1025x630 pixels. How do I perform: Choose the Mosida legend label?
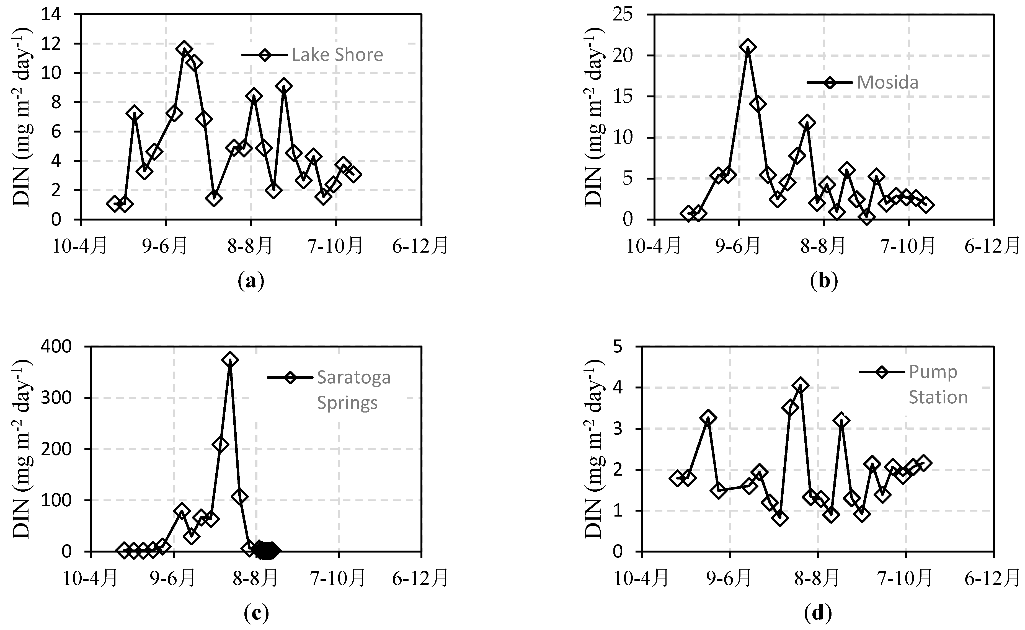pyautogui.click(x=887, y=82)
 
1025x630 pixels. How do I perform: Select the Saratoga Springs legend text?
pyautogui.click(x=353, y=390)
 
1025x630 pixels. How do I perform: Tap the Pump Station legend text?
pyautogui.click(x=938, y=385)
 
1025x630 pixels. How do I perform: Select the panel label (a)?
pyautogui.click(x=251, y=281)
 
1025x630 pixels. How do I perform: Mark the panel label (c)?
pyautogui.click(x=256, y=613)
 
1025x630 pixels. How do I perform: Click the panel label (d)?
pyautogui.click(x=818, y=613)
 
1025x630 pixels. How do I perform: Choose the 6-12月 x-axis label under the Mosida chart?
pyautogui.click(x=992, y=246)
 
